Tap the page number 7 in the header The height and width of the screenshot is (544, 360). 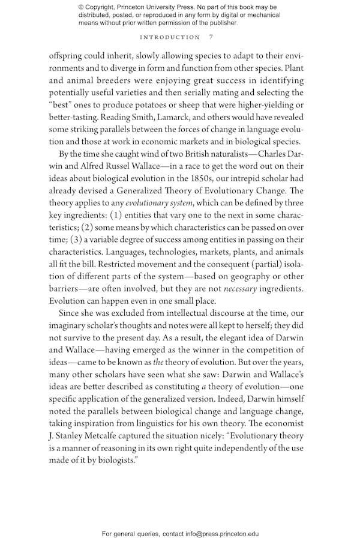click(x=210, y=37)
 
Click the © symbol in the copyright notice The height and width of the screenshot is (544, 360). click(x=82, y=7)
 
